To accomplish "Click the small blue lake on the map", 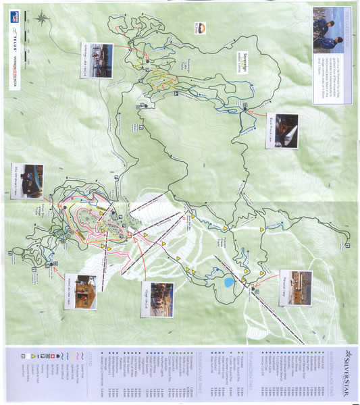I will pos(228,281).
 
